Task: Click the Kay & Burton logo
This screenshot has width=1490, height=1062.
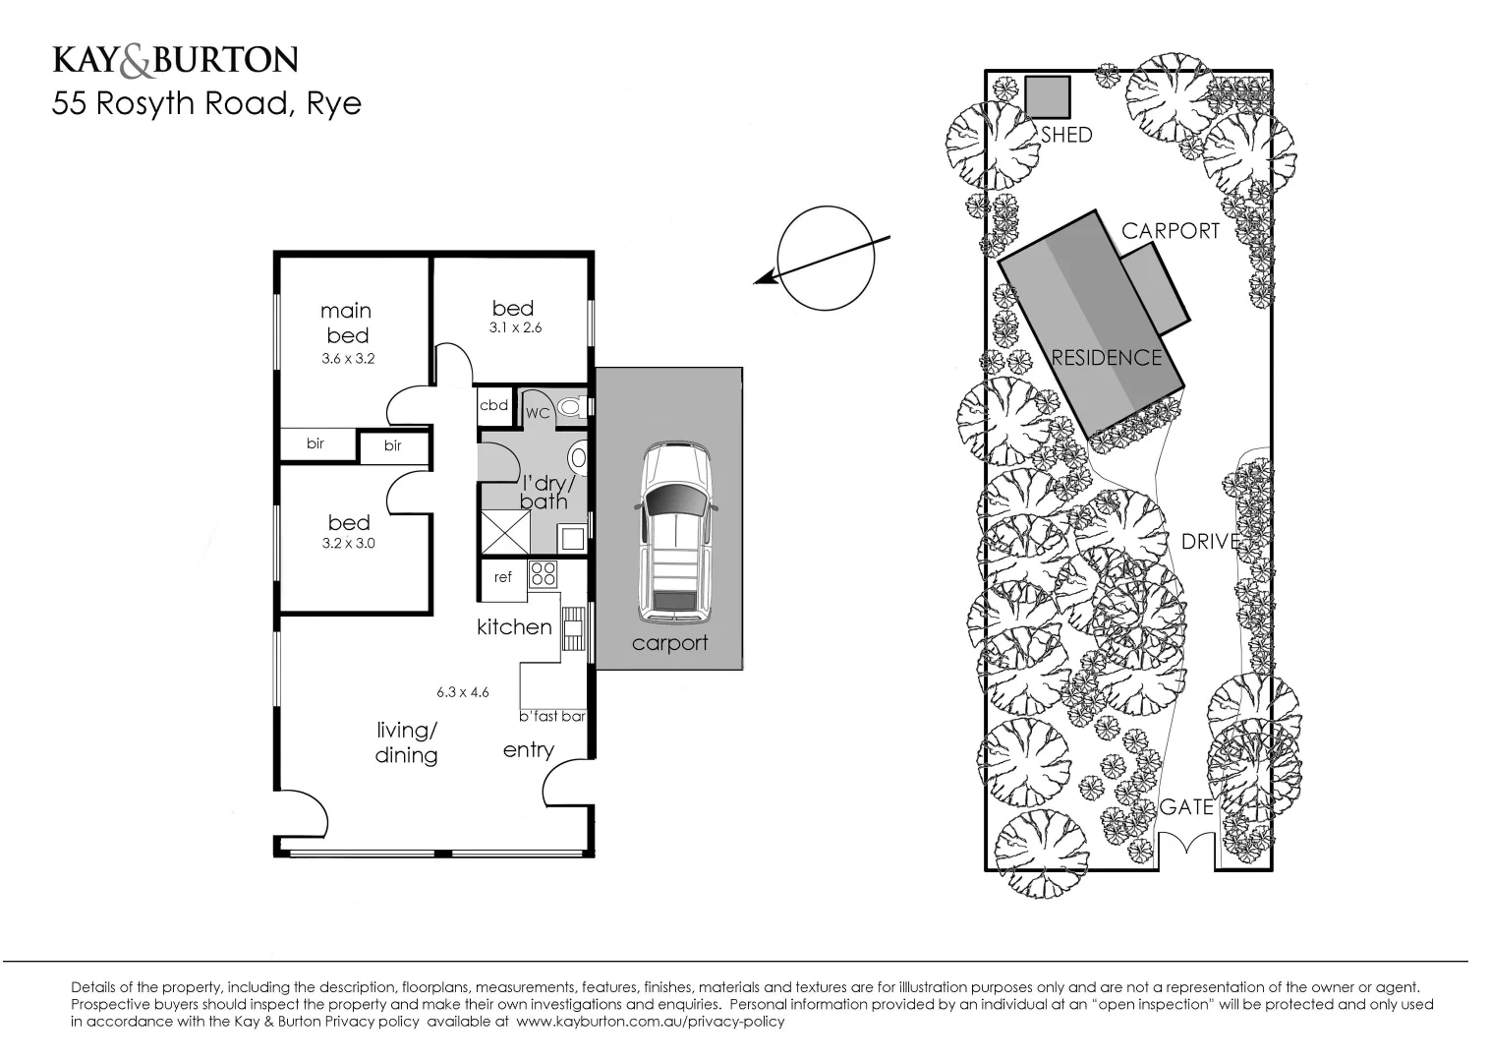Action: coord(174,61)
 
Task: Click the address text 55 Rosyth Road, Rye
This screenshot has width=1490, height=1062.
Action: coord(206,103)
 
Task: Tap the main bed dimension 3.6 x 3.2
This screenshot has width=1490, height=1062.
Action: coord(348,359)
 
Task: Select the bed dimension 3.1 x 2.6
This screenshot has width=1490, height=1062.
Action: coord(515,327)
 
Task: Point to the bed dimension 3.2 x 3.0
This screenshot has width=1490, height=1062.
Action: coord(348,543)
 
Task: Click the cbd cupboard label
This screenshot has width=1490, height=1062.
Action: coord(493,405)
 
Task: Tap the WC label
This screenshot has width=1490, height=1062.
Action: coord(537,413)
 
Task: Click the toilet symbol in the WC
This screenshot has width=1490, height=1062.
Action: coord(571,406)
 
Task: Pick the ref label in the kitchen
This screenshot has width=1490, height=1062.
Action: coord(503,577)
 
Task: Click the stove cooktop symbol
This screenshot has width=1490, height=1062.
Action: coord(543,573)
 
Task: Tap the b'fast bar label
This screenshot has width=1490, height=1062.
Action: coord(551,716)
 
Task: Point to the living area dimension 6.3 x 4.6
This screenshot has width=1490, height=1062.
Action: coord(463,692)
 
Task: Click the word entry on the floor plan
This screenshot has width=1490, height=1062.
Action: coord(528,750)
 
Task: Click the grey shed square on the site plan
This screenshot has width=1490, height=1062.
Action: coord(1047,96)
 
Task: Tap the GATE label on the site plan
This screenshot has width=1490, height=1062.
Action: coord(1186,806)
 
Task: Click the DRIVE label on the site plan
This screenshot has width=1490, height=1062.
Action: coord(1210,541)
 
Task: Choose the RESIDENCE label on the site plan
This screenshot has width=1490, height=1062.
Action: coord(1106,357)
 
